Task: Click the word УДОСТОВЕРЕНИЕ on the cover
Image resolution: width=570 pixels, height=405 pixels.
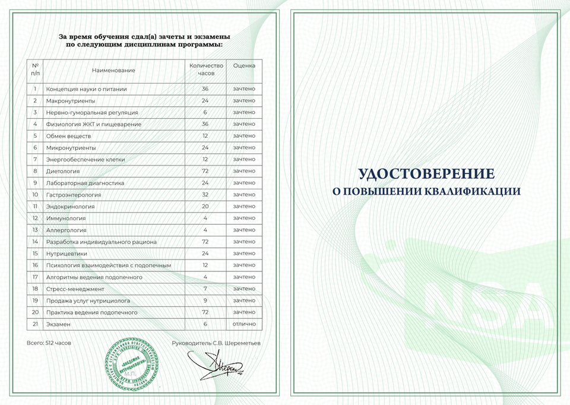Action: point(426,173)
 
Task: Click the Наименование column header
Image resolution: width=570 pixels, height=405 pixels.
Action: point(113,70)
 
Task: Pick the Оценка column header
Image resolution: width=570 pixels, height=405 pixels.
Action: point(244,65)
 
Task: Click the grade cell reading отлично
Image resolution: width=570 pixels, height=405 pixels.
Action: point(244,324)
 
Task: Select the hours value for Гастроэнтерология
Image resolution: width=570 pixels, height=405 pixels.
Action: point(205,194)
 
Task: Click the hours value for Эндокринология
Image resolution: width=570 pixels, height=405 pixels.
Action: point(205,206)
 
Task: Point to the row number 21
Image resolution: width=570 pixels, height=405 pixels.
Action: point(35,324)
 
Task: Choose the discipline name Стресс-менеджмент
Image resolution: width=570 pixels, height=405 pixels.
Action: point(75,289)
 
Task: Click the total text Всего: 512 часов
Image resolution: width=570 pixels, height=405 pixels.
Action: point(49,343)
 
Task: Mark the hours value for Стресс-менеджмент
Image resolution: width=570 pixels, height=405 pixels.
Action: point(205,289)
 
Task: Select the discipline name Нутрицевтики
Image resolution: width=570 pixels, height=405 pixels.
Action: point(66,253)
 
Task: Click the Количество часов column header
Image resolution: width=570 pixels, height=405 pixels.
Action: point(205,70)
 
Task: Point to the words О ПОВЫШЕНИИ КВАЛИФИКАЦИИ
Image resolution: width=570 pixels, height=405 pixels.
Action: point(426,191)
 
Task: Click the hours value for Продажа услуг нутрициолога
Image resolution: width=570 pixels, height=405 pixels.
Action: point(205,300)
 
